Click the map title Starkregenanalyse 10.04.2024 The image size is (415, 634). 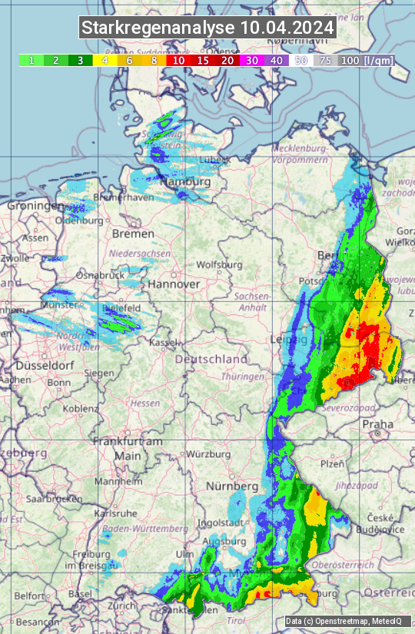207,28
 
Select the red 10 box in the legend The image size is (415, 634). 178,60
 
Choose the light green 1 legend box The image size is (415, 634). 31,60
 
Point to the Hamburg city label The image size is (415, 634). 185,182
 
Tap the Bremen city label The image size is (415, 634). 133,233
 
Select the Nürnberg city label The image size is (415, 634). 232,486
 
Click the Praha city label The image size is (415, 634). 378,423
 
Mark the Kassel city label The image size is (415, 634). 164,342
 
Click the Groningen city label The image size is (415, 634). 35,206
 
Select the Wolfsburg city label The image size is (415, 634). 220,264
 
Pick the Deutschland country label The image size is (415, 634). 211,359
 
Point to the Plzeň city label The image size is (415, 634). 331,463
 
